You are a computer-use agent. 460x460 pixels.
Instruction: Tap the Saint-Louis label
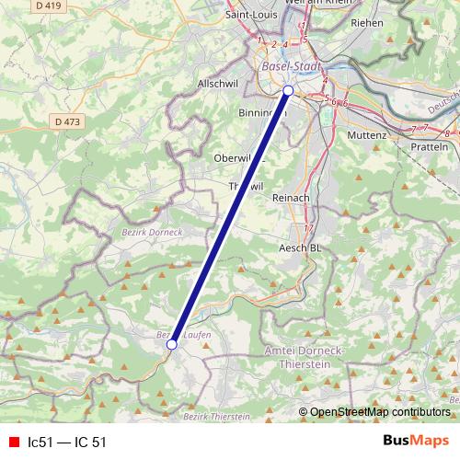(x=253, y=15)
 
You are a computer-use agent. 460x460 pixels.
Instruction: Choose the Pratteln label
(x=429, y=147)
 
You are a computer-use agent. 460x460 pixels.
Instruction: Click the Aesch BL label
(x=300, y=248)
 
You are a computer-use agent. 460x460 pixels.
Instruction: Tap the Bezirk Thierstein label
(x=216, y=418)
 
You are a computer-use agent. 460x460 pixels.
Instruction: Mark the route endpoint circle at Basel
(x=288, y=90)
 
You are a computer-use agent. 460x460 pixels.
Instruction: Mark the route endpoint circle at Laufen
(x=171, y=345)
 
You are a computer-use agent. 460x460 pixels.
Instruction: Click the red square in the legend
(x=13, y=442)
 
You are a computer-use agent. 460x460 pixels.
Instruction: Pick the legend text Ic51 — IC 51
(x=67, y=442)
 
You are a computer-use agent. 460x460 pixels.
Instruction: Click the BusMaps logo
(x=415, y=441)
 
